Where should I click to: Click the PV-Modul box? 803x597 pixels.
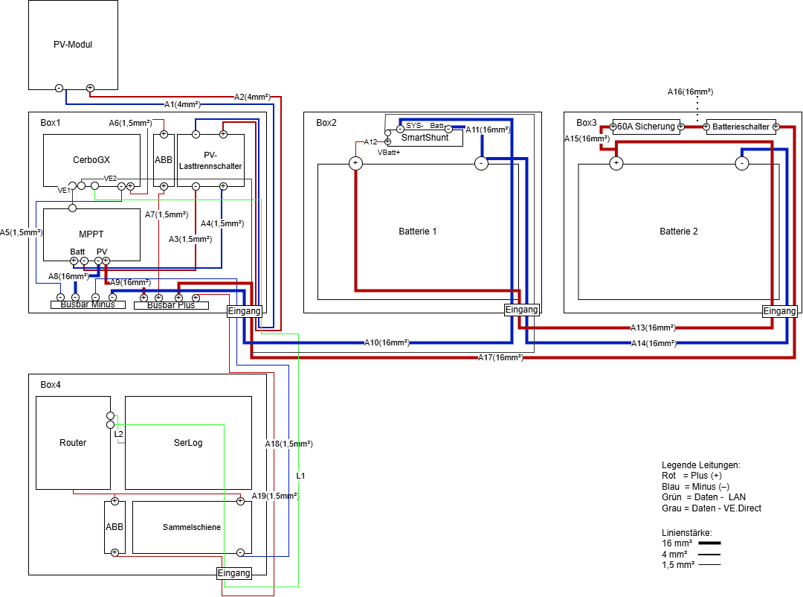point(73,45)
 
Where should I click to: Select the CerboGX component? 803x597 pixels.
point(91,160)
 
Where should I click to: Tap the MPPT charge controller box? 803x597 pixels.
point(91,234)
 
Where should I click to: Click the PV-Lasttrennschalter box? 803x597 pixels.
point(211,160)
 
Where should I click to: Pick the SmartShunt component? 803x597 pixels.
point(425,138)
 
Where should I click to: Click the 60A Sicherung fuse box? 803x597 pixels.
point(645,127)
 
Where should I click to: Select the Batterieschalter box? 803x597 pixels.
point(740,127)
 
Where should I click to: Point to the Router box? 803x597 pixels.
point(73,443)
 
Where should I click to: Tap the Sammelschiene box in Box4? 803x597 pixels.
point(192,527)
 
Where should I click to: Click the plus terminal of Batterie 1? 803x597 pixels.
point(355,163)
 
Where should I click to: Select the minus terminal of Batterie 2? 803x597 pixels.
point(741,163)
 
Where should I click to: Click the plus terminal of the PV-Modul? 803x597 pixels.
point(90,88)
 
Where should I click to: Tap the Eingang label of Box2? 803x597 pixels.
point(521,310)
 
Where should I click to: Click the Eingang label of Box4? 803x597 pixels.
point(233,573)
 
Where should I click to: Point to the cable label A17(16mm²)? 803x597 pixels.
point(500,358)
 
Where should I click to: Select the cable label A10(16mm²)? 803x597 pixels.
point(387,343)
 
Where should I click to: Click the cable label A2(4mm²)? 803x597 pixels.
point(251,97)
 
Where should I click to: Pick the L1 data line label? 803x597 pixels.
point(300,475)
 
